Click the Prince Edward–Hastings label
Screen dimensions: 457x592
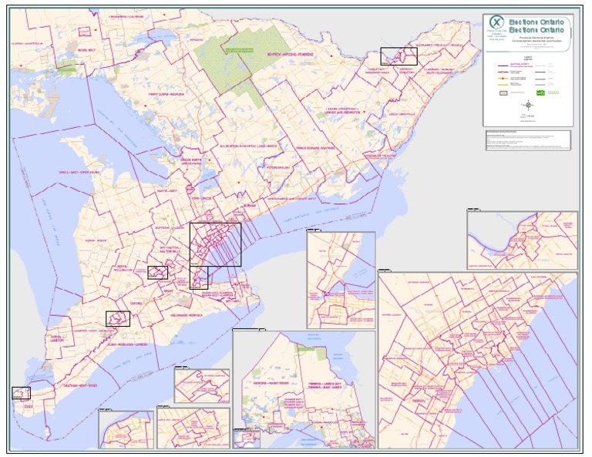[x=315, y=148]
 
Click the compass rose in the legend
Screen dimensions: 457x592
[x=528, y=106]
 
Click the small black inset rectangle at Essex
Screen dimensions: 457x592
[x=21, y=393]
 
